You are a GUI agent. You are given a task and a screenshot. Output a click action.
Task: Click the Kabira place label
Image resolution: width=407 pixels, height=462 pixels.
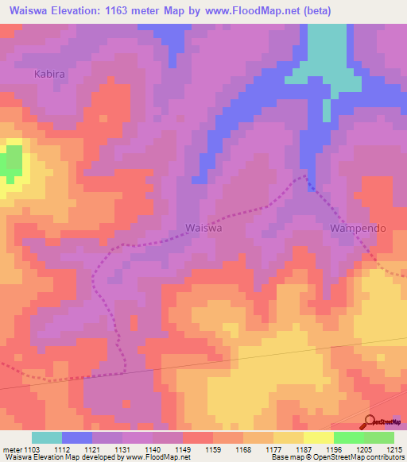click(49, 73)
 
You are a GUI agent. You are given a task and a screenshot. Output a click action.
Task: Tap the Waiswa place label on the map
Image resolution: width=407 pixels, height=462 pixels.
click(203, 227)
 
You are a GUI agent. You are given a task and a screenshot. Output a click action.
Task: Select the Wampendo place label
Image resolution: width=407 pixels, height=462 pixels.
click(358, 228)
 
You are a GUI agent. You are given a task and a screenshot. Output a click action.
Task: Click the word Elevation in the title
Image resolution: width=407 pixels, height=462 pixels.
click(83, 10)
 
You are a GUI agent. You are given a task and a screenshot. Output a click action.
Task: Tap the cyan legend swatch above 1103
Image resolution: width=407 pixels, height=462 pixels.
click(47, 437)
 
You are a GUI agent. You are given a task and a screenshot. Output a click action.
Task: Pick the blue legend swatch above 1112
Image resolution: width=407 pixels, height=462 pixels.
click(77, 437)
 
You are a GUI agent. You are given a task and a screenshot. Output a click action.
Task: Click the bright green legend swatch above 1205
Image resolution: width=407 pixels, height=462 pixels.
click(349, 437)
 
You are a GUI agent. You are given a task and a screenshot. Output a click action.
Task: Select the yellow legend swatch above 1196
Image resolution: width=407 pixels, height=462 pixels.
click(319, 437)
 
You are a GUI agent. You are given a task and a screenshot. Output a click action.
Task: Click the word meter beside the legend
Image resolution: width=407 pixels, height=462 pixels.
click(14, 449)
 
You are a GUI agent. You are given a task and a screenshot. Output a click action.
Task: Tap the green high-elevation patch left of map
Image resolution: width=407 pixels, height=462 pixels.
click(11, 161)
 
